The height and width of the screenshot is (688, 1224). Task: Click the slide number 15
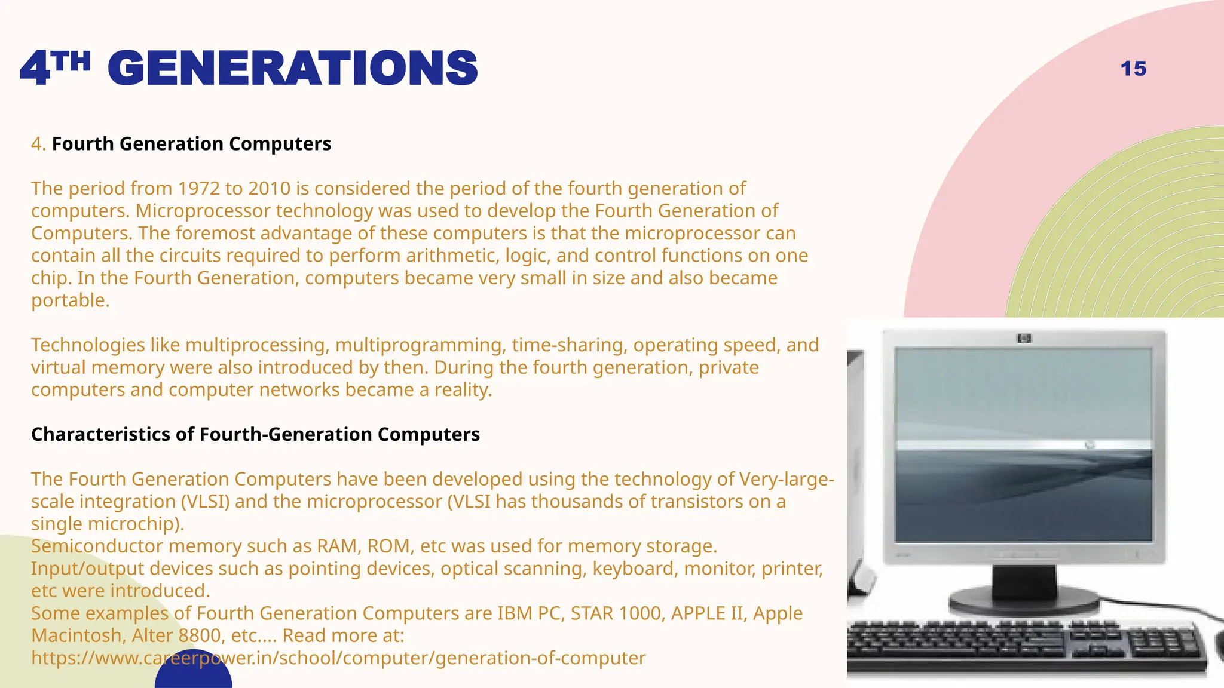[x=1133, y=69]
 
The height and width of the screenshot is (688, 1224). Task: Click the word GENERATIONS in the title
[x=293, y=69]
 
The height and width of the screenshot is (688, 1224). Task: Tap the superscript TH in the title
[x=71, y=61]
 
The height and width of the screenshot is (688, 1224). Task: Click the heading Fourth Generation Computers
[x=191, y=144]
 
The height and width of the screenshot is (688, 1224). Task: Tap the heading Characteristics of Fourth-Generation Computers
[x=255, y=434]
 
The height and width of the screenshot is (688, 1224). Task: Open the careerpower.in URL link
[x=338, y=658]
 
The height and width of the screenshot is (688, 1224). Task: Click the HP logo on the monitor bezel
[x=1024, y=339]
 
